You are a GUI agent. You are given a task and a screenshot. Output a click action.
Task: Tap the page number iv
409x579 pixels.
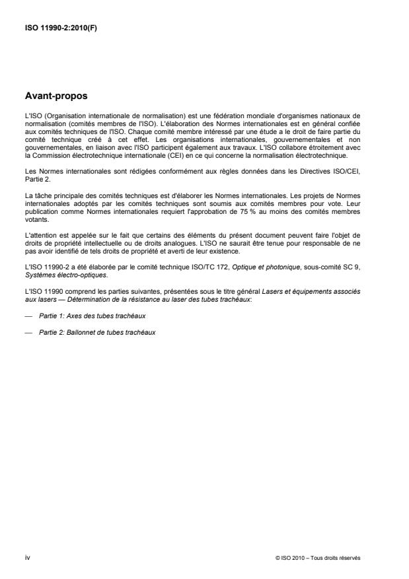[x=27, y=558]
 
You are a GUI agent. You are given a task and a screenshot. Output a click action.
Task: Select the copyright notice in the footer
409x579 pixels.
[x=318, y=559]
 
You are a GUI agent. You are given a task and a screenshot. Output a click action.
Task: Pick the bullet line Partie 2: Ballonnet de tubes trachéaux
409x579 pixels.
[x=97, y=331]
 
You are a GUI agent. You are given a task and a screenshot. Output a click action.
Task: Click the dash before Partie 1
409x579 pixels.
[x=27, y=318]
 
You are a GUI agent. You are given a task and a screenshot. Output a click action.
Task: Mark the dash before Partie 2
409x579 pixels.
[x=27, y=331]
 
